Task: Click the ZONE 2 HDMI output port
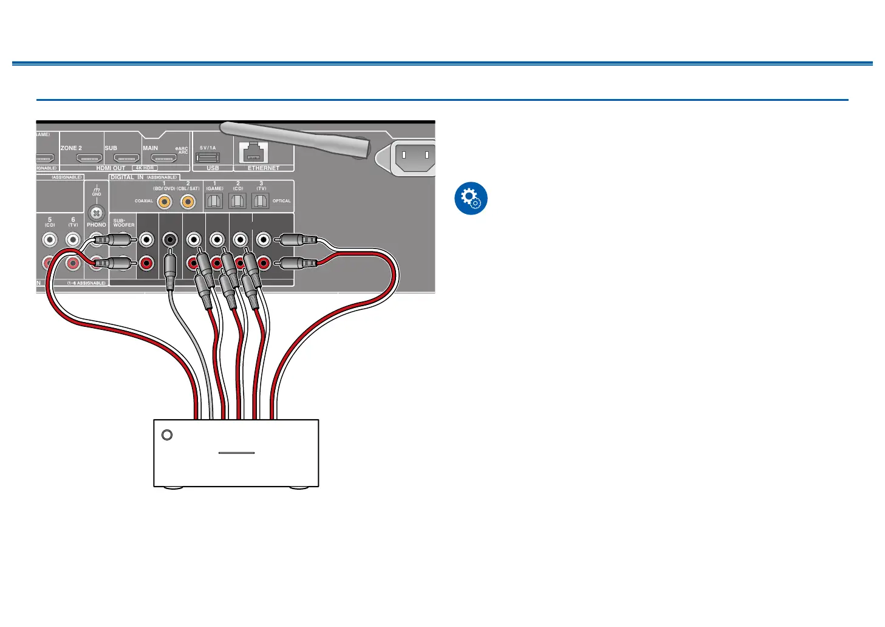tap(89, 159)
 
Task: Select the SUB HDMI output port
tap(126, 159)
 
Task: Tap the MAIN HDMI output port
tap(164, 159)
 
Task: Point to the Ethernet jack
tap(255, 153)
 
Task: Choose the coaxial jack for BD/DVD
tap(164, 202)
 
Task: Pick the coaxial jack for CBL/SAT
tap(188, 202)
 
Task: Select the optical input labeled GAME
tap(214, 202)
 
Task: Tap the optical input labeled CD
tap(237, 202)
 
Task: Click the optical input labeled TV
tap(261, 202)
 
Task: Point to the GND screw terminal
tap(97, 213)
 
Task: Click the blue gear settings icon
tap(471, 198)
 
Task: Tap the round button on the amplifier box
tap(167, 435)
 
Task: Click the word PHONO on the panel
tap(97, 225)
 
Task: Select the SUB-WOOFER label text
tap(124, 223)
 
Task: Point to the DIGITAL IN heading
tap(127, 177)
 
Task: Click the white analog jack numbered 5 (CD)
tap(50, 239)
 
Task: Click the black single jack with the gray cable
tap(170, 239)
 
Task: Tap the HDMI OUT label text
tap(111, 168)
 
